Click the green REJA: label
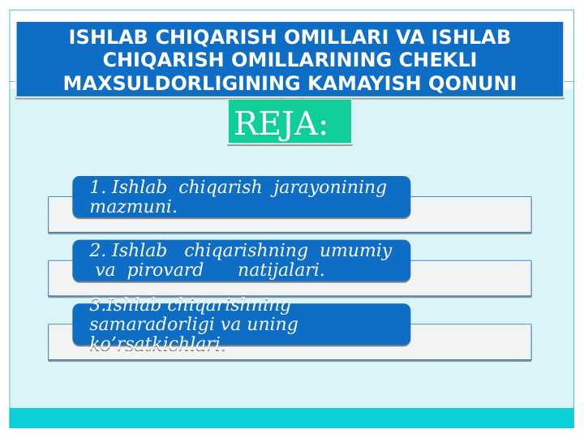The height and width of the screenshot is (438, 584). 290,123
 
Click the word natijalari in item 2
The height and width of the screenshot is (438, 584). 281,270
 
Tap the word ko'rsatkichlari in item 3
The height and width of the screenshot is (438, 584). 157,346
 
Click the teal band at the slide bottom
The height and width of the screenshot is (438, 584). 291,418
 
